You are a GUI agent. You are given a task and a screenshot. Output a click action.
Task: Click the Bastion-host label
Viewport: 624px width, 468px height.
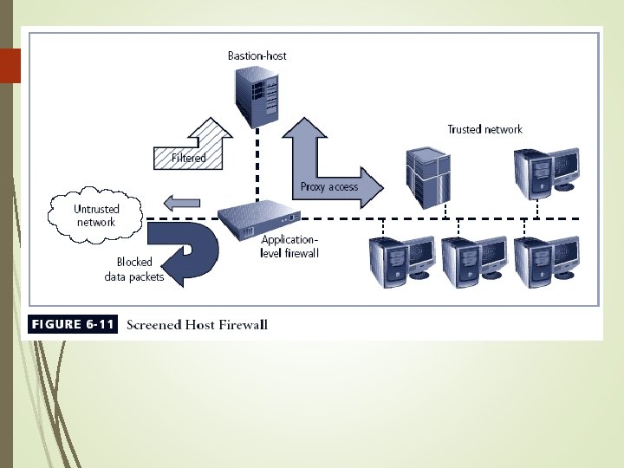tap(257, 55)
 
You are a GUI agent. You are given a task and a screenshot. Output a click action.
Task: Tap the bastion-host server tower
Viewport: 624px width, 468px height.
tap(257, 94)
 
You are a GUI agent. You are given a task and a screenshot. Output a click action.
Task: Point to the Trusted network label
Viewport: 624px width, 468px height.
tap(484, 129)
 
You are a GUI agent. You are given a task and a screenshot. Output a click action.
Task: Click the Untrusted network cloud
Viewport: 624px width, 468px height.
tap(96, 215)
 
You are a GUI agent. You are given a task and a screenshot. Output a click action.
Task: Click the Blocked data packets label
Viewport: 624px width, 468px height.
tap(133, 270)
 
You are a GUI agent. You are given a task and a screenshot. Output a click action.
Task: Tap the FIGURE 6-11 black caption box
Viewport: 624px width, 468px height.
tap(73, 325)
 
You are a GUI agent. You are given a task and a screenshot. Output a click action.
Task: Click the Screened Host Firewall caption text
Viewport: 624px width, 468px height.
tap(197, 326)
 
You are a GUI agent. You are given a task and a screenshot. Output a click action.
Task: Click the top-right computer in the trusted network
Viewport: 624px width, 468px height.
tap(545, 170)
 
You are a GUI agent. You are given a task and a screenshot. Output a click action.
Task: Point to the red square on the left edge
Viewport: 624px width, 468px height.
tap(10, 66)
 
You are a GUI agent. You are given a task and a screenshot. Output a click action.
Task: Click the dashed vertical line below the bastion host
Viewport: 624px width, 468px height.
tap(257, 165)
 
